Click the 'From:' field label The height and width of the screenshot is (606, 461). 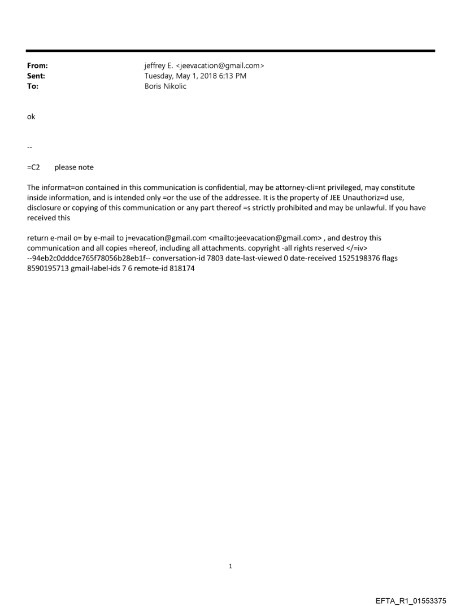click(x=37, y=66)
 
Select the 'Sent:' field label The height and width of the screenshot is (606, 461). click(x=36, y=76)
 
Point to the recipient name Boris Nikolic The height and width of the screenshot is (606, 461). click(x=166, y=86)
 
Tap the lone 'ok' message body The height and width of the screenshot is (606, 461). click(x=31, y=117)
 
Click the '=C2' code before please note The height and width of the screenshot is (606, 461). click(x=34, y=167)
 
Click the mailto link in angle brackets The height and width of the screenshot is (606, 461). click(x=265, y=238)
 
